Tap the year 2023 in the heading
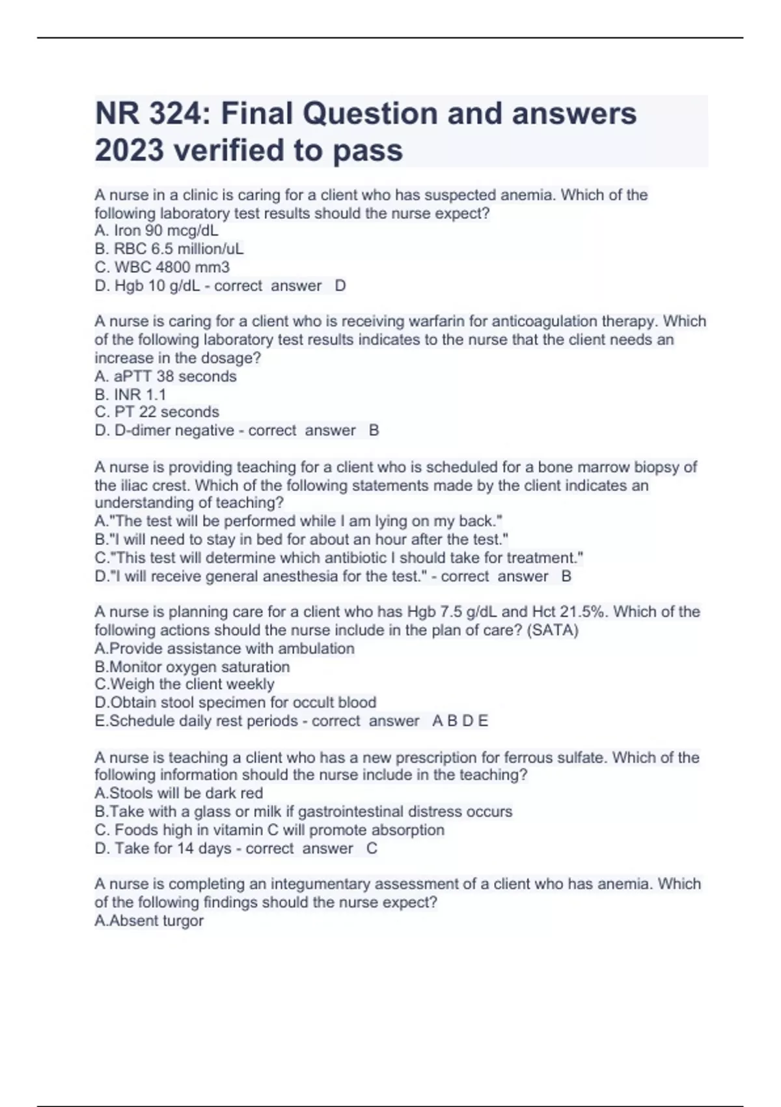(129, 150)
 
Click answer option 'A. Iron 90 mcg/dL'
(156, 231)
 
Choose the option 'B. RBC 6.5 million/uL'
(169, 249)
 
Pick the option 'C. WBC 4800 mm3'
(162, 267)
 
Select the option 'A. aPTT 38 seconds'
(165, 376)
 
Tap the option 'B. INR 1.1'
(130, 395)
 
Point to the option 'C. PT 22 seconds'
(157, 412)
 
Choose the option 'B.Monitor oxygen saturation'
(192, 667)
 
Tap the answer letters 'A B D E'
(459, 721)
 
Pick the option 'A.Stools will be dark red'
(179, 793)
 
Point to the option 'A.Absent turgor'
(149, 921)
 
